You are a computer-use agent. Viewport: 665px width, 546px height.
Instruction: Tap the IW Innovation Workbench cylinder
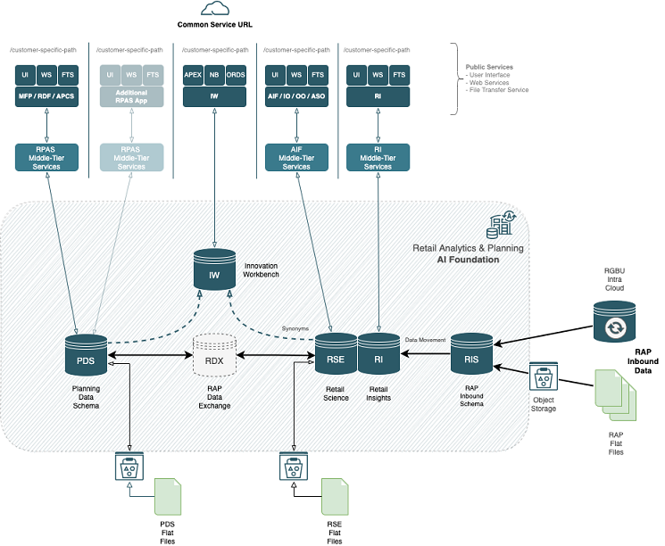click(x=214, y=271)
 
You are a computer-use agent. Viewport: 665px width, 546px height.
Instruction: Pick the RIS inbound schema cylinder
click(x=470, y=354)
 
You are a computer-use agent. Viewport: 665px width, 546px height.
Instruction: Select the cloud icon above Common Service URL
click(x=214, y=9)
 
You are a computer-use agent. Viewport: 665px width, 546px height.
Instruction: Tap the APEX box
click(x=193, y=76)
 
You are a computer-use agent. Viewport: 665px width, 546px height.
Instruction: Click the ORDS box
click(x=236, y=76)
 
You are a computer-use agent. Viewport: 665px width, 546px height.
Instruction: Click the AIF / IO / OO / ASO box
click(x=296, y=95)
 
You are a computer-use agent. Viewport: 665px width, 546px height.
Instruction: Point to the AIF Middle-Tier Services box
click(x=296, y=158)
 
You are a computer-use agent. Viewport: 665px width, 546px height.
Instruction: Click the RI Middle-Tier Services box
click(x=378, y=158)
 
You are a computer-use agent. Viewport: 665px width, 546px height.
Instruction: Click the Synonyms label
click(x=295, y=328)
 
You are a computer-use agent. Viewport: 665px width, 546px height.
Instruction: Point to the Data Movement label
click(x=425, y=339)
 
